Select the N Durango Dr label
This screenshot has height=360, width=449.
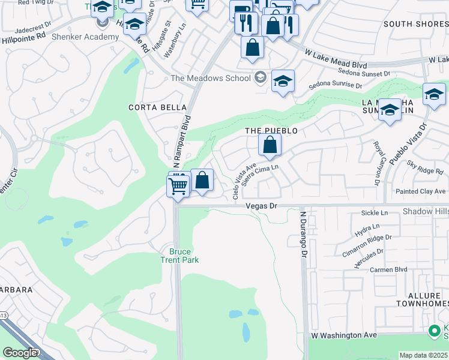click(x=304, y=233)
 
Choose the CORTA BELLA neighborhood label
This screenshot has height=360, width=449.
click(x=151, y=107)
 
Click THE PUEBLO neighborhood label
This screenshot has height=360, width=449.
click(x=271, y=130)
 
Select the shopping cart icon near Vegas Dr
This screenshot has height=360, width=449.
click(x=178, y=187)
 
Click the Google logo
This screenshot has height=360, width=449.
click(x=20, y=353)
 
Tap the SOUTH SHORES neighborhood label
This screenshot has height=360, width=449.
click(x=415, y=24)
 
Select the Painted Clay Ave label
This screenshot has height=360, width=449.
click(x=421, y=191)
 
